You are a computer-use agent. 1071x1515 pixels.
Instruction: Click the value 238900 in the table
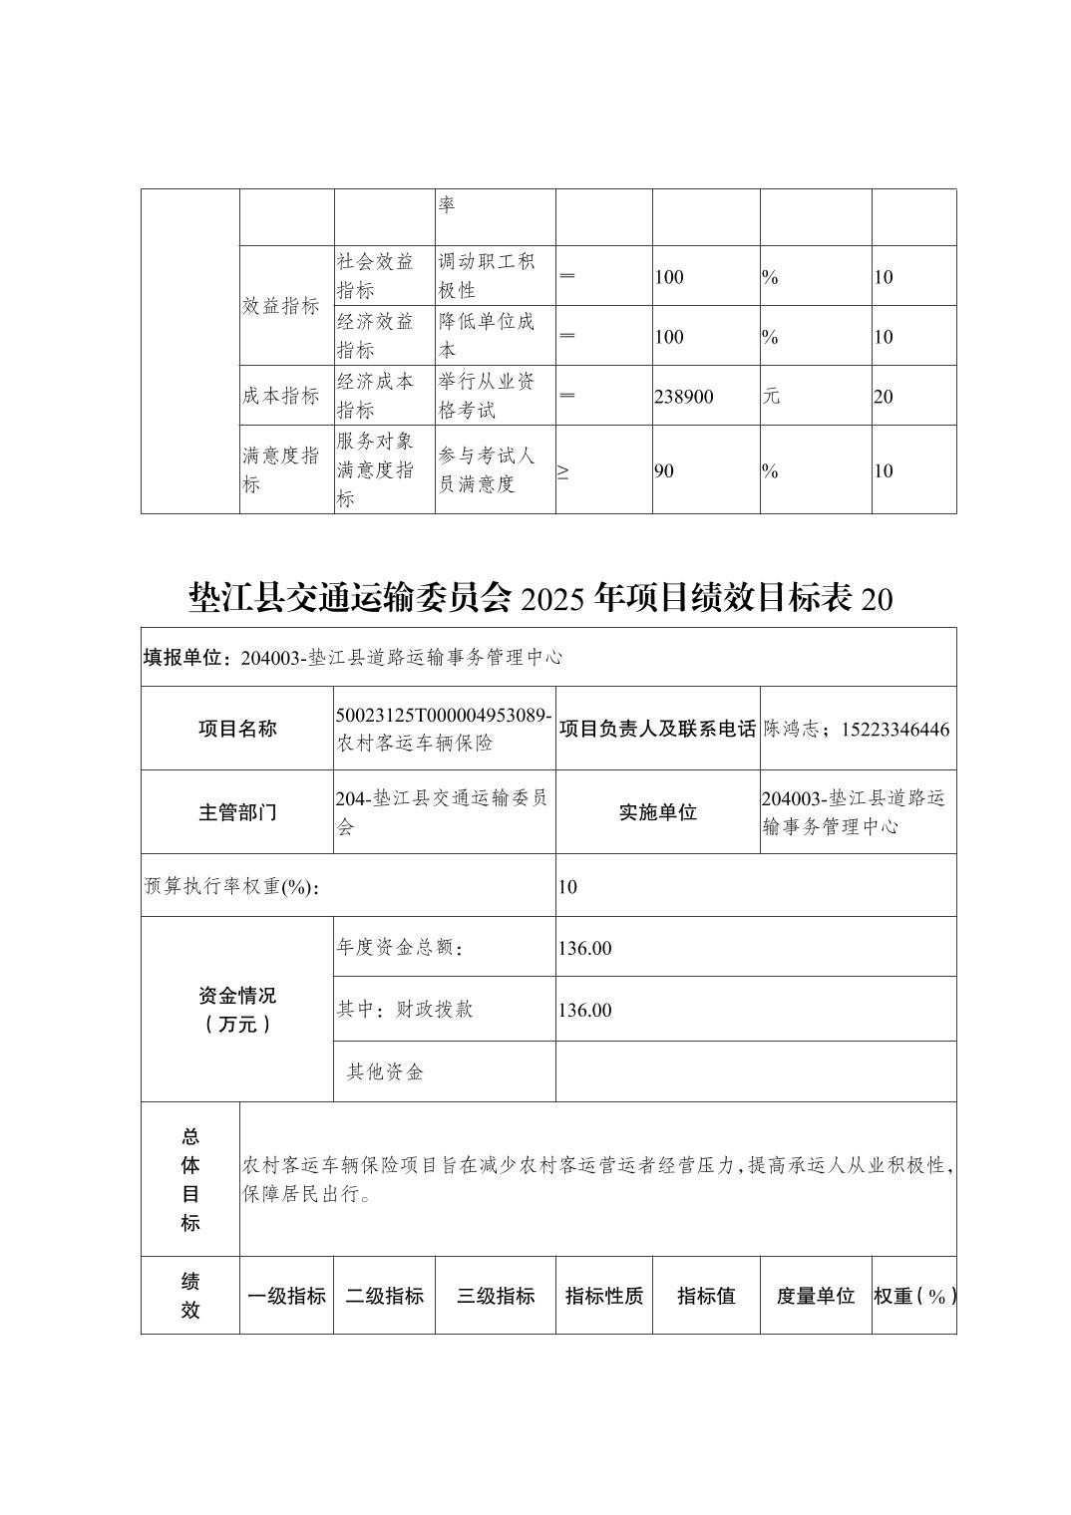coord(684,397)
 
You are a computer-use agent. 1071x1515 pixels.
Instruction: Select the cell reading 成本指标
coord(280,396)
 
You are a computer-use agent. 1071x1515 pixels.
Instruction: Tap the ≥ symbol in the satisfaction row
coord(563,471)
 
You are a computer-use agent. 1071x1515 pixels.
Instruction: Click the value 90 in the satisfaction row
coord(664,471)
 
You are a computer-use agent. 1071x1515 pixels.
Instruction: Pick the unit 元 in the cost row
coord(771,396)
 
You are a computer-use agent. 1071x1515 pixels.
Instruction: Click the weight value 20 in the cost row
coord(884,397)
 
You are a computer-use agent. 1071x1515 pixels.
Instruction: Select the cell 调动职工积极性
coord(488,276)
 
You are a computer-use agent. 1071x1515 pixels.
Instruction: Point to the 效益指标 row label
coord(280,306)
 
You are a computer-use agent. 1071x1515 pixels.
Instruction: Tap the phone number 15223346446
coord(895,729)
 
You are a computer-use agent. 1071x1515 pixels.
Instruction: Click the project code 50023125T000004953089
coord(444,716)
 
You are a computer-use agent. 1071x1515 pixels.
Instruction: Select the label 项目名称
coord(237,729)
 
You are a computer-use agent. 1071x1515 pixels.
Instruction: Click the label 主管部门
coord(237,812)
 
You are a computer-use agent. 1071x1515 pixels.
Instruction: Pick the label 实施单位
coord(658,812)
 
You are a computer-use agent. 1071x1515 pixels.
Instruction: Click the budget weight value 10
coord(567,887)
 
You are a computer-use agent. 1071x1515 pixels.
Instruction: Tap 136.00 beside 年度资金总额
coord(584,948)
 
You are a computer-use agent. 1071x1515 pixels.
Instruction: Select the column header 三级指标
coord(496,1296)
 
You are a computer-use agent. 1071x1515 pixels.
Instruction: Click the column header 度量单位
coord(816,1296)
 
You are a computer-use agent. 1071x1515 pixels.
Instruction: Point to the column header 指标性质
coord(604,1296)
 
